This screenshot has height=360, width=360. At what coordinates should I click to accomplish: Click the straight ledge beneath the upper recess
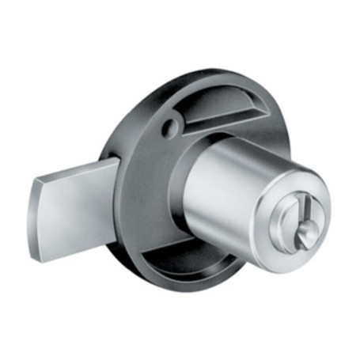click(x=214, y=119)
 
